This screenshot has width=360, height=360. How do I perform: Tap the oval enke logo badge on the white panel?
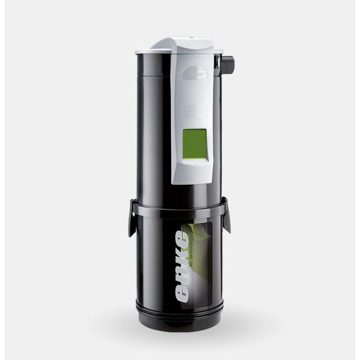tap(193, 72)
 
